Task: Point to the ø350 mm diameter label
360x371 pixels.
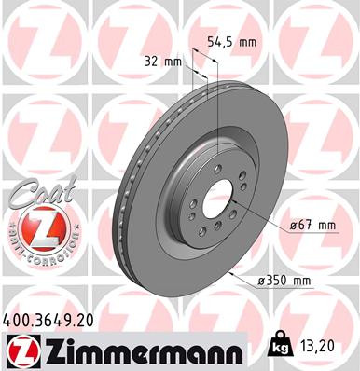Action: pyautogui.click(x=284, y=279)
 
